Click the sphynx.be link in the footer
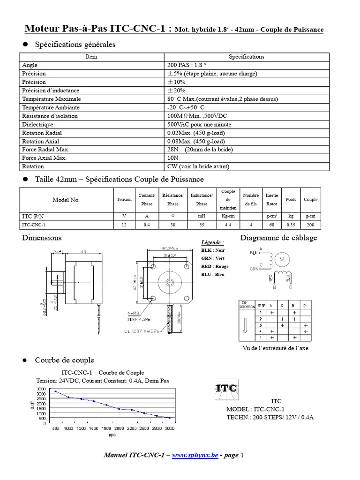coord(195,455)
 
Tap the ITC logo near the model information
coord(225,389)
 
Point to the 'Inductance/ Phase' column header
coord(202,199)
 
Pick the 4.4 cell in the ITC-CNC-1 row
coord(228,225)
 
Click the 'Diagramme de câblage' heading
coord(278,238)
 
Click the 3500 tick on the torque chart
coord(41,389)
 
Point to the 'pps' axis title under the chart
coord(112,435)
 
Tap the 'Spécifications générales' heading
coord(75,45)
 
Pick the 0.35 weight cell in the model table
coord(291,225)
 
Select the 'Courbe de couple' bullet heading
coord(64,360)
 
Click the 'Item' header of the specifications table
coord(91,57)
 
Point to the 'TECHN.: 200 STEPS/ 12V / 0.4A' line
coord(270,417)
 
